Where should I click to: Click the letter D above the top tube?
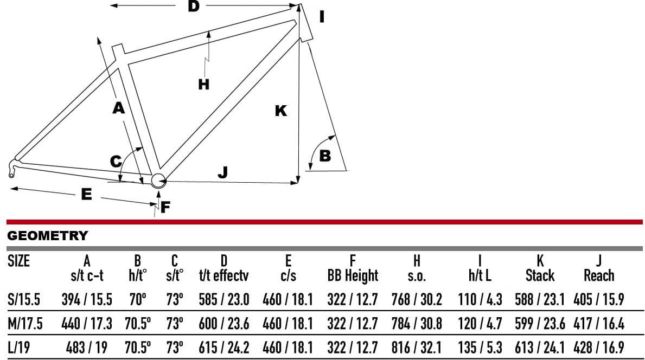(193, 6)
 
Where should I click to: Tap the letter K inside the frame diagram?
(281, 111)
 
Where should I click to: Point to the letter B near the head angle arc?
(325, 156)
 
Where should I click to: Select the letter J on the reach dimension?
(222, 172)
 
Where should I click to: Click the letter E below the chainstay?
(86, 194)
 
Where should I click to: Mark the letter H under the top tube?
(203, 84)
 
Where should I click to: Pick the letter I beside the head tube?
(322, 17)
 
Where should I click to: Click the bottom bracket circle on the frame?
(158, 181)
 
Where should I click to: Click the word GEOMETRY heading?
(48, 235)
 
